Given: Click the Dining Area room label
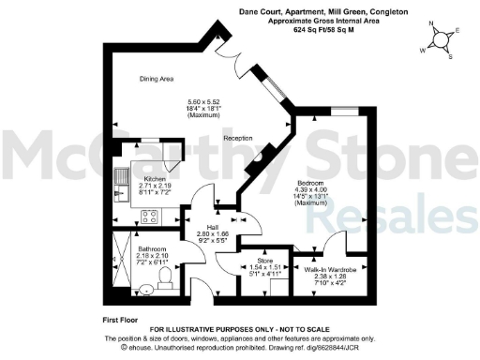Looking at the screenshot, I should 157,79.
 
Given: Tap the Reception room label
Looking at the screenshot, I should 240,138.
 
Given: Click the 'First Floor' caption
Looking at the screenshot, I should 123,321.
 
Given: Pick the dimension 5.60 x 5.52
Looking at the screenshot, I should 207,100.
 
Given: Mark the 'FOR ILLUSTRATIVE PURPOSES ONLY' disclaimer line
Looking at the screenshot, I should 240,329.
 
